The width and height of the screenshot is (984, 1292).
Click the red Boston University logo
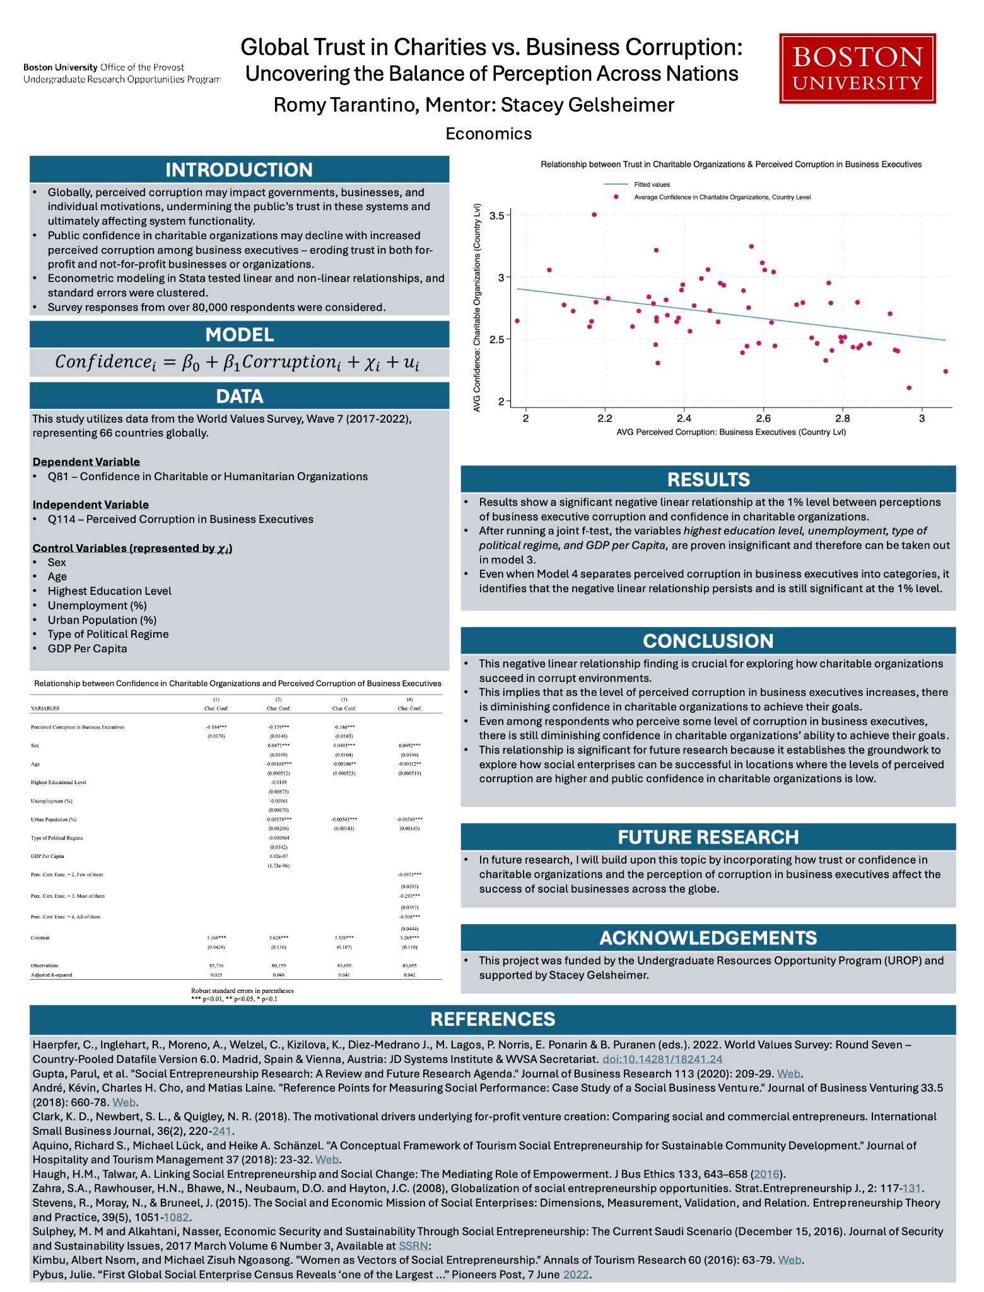[857, 68]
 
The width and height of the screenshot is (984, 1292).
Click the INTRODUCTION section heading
[239, 170]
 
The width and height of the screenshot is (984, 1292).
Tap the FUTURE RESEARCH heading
[708, 837]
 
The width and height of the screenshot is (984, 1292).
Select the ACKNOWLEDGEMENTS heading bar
[708, 938]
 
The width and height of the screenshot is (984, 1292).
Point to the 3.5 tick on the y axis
[497, 216]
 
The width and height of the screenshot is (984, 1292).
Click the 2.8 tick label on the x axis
[842, 418]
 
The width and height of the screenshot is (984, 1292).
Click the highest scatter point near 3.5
[594, 214]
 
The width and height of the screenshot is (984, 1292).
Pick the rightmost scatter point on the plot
[946, 372]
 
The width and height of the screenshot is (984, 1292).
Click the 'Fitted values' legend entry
[652, 185]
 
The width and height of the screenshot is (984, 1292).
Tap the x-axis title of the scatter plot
[731, 432]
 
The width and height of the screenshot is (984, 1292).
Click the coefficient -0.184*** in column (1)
[216, 727]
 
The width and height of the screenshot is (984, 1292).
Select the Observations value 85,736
[216, 965]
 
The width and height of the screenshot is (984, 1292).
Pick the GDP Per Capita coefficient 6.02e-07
[279, 856]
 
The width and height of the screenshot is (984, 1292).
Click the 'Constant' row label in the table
[40, 938]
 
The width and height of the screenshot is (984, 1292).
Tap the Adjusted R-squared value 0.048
[279, 975]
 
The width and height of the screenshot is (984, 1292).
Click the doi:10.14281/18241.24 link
[662, 1059]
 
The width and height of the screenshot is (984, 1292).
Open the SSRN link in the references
[413, 1246]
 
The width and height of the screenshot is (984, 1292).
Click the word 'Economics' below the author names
[489, 134]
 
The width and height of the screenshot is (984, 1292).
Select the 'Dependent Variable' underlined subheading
[86, 462]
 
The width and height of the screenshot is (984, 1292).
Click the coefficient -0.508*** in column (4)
[409, 917]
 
